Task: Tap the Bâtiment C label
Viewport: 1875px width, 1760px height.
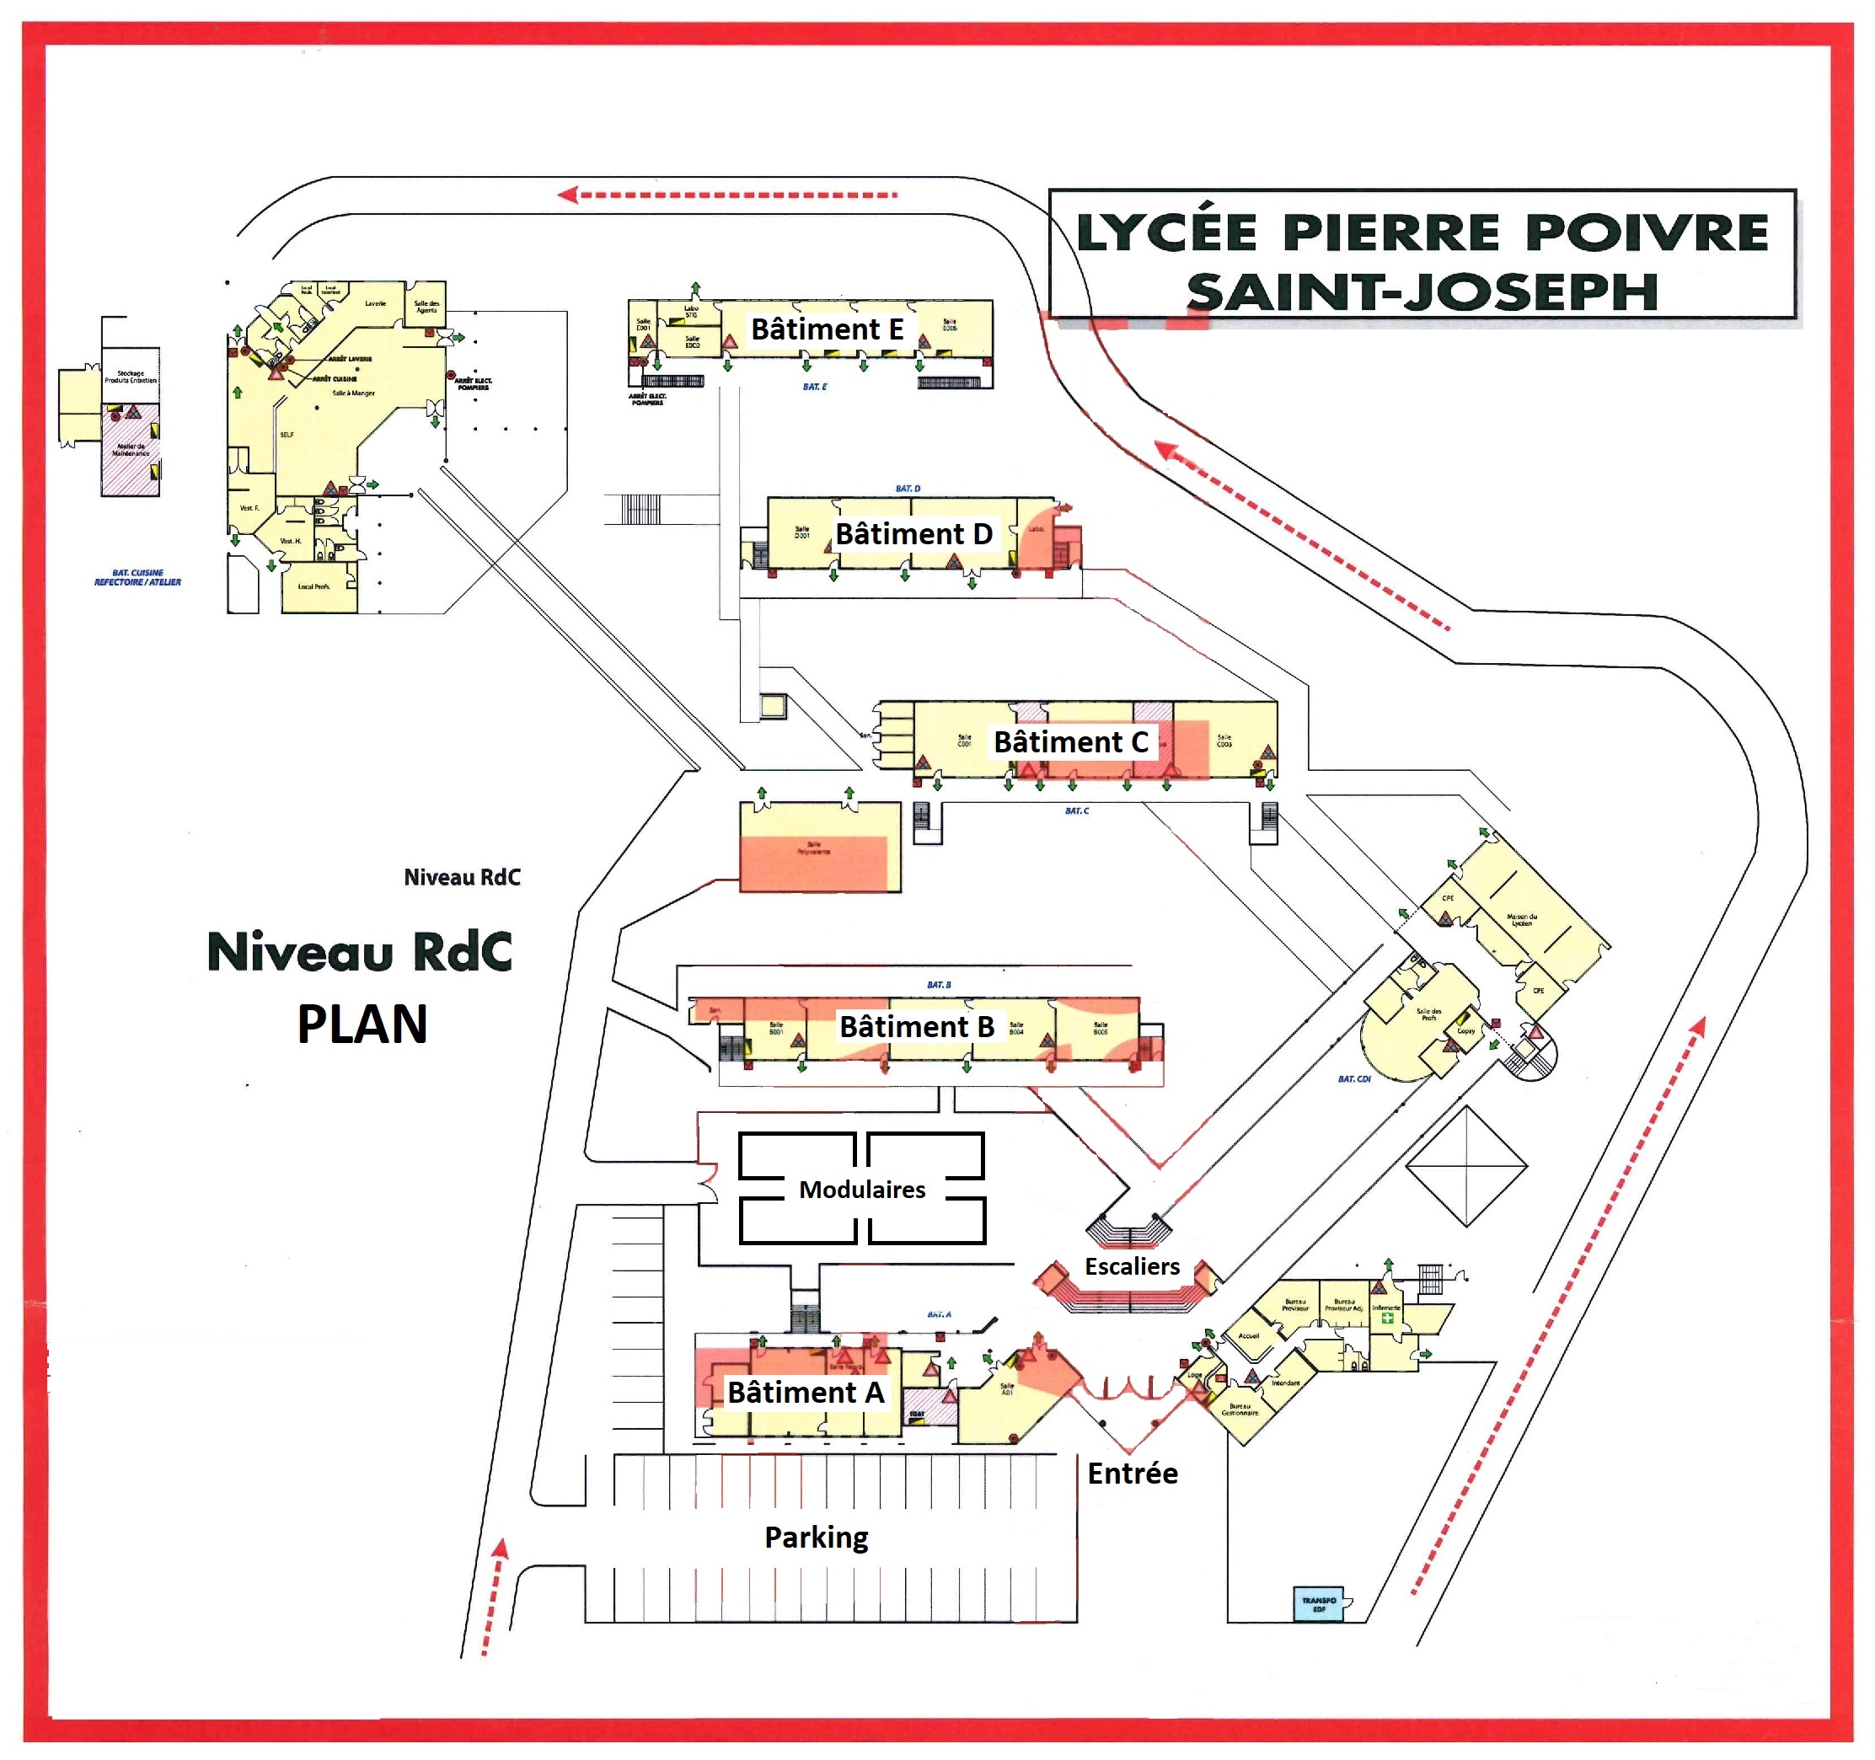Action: pyautogui.click(x=1070, y=742)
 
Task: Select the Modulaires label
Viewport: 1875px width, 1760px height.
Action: pyautogui.click(x=862, y=1190)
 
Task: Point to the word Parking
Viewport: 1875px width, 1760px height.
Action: pyautogui.click(x=816, y=1538)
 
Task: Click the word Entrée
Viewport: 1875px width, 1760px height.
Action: pyautogui.click(x=1132, y=1474)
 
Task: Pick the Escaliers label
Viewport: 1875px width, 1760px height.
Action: pyautogui.click(x=1132, y=1266)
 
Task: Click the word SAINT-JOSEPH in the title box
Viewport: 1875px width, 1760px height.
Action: pyautogui.click(x=1422, y=292)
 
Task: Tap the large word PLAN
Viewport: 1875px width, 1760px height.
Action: pyautogui.click(x=362, y=1024)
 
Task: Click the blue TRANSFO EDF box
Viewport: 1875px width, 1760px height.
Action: pyautogui.click(x=1320, y=1604)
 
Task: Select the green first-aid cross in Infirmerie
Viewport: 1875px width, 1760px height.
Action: pyautogui.click(x=1387, y=1318)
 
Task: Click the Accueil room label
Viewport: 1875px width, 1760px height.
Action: pyautogui.click(x=1249, y=1335)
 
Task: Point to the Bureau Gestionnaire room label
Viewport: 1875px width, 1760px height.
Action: pyautogui.click(x=1240, y=1410)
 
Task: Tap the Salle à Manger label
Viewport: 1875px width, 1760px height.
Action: pyautogui.click(x=353, y=393)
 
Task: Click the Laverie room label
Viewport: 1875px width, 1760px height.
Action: pyautogui.click(x=375, y=303)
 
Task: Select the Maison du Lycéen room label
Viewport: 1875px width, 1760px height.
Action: pyautogui.click(x=1521, y=920)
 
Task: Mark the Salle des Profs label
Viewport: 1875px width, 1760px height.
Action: pyautogui.click(x=1429, y=1014)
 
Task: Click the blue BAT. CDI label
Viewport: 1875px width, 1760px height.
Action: pyautogui.click(x=1353, y=1079)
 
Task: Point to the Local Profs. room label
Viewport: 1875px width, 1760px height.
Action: pyautogui.click(x=313, y=586)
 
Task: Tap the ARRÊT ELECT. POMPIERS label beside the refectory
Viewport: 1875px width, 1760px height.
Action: pyautogui.click(x=473, y=384)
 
